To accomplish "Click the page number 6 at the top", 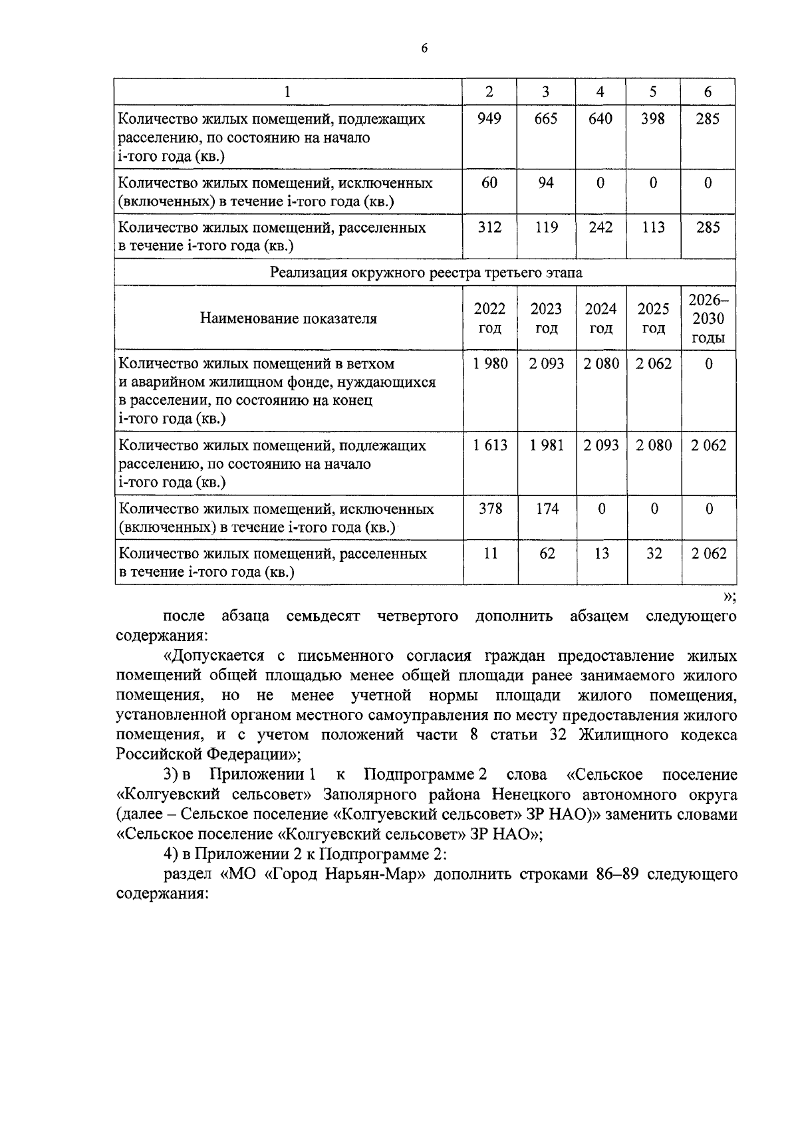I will click(424, 49).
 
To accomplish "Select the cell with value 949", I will click(489, 119).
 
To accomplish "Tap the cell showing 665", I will click(545, 119).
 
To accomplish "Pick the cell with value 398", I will click(653, 119).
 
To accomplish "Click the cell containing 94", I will click(545, 183).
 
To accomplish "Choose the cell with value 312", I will click(489, 227).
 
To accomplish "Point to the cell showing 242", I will click(600, 227).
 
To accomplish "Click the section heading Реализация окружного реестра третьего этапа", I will click(426, 273).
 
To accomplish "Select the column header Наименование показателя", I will click(289, 318).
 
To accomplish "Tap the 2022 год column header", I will click(489, 318).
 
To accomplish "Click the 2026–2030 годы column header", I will click(708, 318).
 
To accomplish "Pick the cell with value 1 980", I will click(490, 364).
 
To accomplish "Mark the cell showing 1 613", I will click(490, 445).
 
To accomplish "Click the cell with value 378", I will click(490, 509).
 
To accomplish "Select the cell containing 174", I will click(547, 509).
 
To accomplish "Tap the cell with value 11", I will click(490, 553).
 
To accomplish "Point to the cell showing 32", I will click(654, 553).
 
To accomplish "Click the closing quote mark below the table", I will click(729, 596).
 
